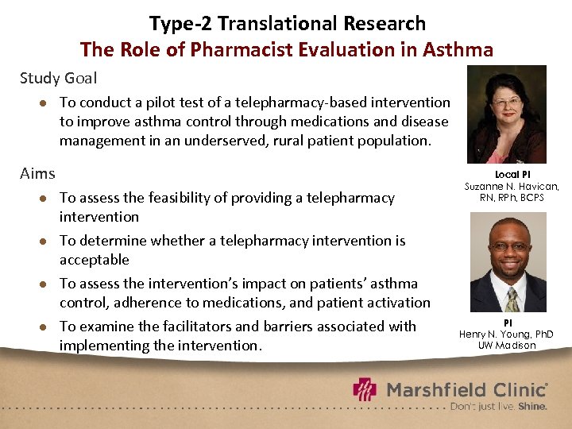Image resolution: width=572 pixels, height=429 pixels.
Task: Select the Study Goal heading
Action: pos(59,78)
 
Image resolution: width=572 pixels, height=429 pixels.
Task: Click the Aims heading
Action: pos(37,173)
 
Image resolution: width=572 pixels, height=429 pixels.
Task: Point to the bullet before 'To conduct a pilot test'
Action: pos(44,102)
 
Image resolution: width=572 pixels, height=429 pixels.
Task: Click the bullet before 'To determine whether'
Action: pos(44,241)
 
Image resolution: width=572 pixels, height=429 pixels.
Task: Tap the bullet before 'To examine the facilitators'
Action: pos(44,327)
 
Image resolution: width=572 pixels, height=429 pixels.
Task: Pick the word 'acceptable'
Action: pos(94,260)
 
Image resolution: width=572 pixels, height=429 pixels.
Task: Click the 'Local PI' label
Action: pos(512,174)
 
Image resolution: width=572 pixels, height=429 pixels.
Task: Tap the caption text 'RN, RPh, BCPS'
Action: pos(512,197)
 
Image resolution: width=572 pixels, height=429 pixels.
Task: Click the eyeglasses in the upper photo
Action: pos(507,102)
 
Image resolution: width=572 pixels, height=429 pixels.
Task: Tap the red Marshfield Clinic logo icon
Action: pos(365,389)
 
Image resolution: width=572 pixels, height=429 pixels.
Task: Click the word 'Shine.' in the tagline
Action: pos(532,406)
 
